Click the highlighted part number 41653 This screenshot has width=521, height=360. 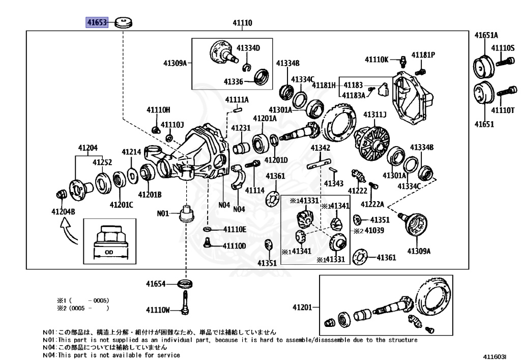click(x=96, y=22)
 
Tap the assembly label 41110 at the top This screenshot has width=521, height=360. click(x=243, y=23)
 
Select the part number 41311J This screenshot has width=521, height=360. click(x=374, y=114)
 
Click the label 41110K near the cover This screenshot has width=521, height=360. click(x=377, y=60)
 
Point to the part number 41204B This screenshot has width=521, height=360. click(x=64, y=211)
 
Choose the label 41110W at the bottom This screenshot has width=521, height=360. click(x=158, y=310)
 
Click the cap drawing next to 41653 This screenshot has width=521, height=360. click(x=123, y=22)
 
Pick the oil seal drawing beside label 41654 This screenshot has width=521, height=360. click(x=186, y=283)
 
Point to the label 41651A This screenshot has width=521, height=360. click(x=486, y=35)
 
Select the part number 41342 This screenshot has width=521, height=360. click(x=321, y=148)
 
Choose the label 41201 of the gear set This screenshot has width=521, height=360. click(x=303, y=307)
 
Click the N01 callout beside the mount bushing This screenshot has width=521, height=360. click(x=163, y=214)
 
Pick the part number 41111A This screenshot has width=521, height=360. click(x=237, y=99)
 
